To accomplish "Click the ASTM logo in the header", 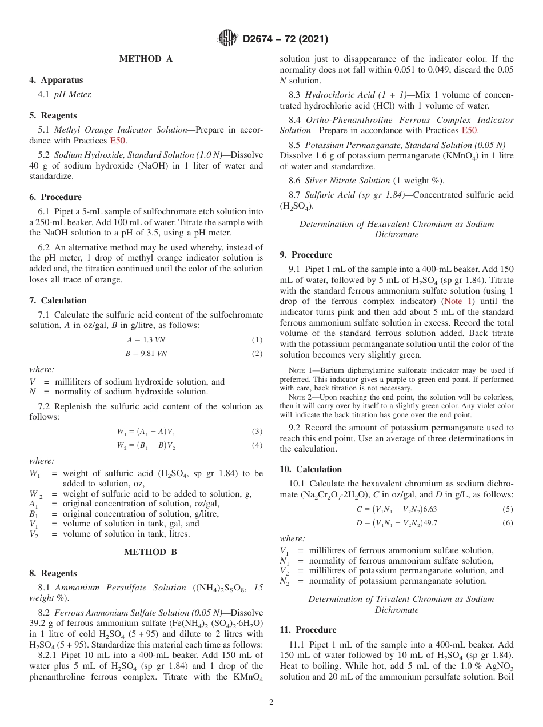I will click(227, 38).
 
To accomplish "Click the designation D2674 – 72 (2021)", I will click(285, 39).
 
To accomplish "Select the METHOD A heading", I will click(146, 59).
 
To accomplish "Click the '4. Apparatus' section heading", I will click(56, 80).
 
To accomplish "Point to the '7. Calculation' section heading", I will click(58, 301).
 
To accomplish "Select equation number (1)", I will click(257, 340).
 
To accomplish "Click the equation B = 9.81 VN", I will click(146, 354).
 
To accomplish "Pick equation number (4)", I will click(257, 445).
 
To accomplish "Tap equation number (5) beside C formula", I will click(508, 509).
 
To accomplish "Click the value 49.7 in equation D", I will click(430, 523).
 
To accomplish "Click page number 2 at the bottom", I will click(271, 702).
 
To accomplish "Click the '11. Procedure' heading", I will click(308, 630).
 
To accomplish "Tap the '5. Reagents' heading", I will click(53, 115).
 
